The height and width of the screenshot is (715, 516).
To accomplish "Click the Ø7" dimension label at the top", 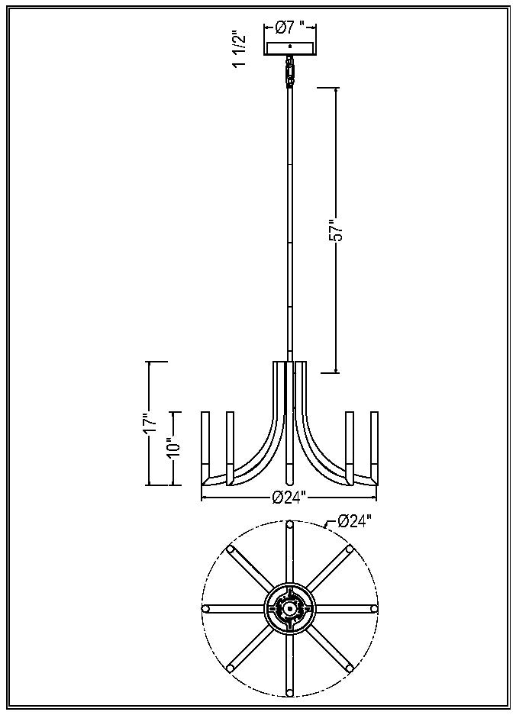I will point(289,27).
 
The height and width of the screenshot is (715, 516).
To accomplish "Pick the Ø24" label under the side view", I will point(289,498).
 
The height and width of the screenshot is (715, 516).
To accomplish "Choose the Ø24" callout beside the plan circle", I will point(354,521).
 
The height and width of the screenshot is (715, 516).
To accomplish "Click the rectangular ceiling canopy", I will point(289,46).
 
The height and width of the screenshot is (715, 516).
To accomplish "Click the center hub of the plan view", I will point(289,608).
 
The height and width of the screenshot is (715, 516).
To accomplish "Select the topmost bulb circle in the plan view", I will point(289,525).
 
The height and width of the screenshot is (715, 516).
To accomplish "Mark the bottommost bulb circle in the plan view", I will point(289,692).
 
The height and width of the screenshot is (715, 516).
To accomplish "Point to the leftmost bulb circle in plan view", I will point(206,608).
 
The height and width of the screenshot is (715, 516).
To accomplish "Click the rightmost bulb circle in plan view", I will point(373,608).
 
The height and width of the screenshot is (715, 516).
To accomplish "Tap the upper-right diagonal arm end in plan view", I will point(349,549).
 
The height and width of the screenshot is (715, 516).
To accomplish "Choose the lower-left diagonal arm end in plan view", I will point(231,668).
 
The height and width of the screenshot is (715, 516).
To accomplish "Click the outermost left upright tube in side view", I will point(205,446).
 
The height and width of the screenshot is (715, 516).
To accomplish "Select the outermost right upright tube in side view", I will point(374,446).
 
